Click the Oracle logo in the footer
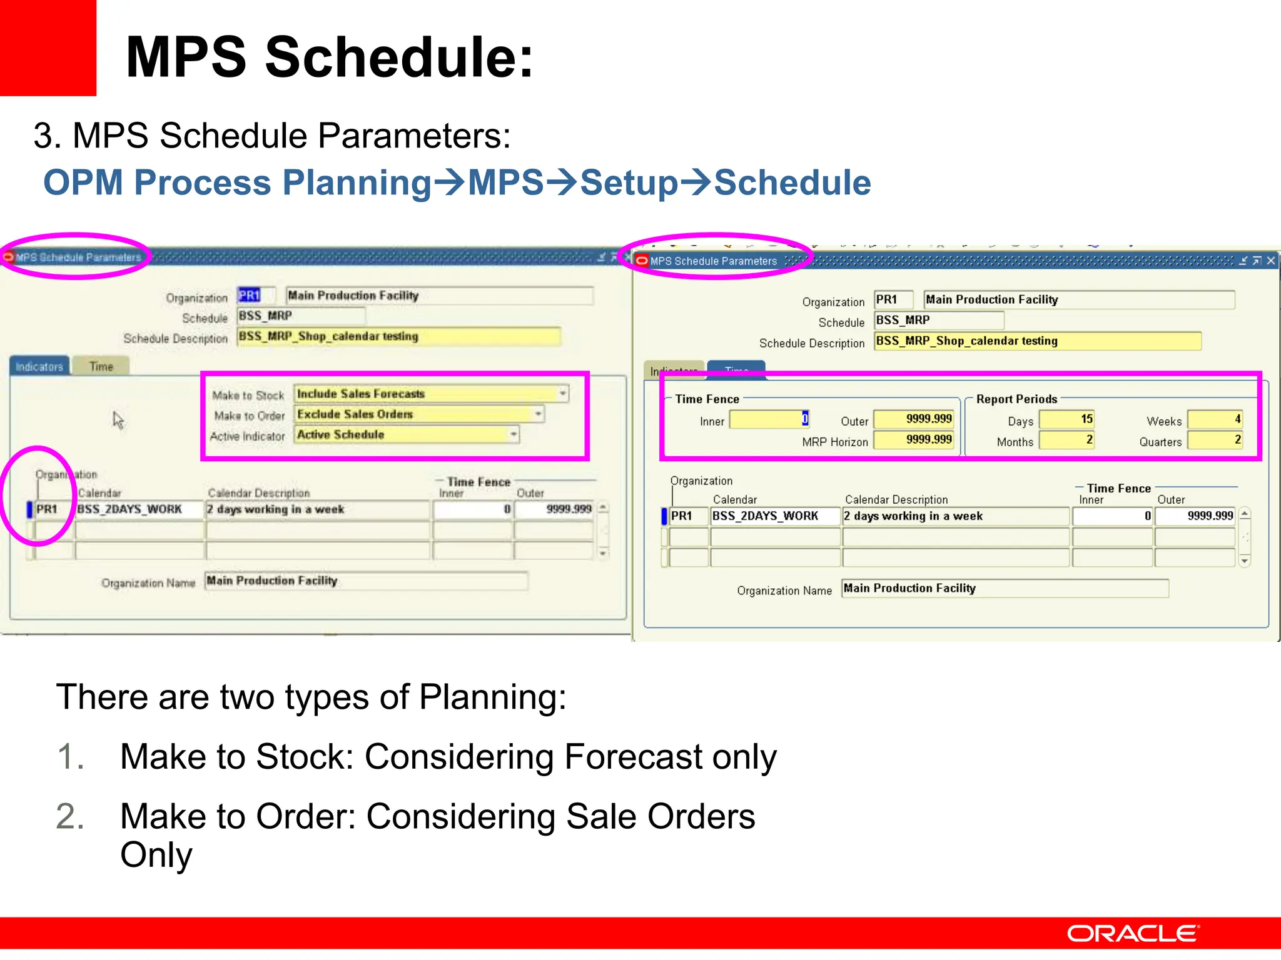click(x=1132, y=933)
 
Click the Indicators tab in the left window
click(x=39, y=367)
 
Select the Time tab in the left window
click(x=101, y=367)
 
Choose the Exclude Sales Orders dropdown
click(x=418, y=414)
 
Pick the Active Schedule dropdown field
click(x=407, y=435)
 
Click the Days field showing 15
click(x=1066, y=419)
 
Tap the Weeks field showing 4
click(x=1215, y=419)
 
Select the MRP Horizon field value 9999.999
click(x=913, y=440)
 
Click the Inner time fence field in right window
click(x=769, y=419)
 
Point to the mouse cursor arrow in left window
click(x=118, y=419)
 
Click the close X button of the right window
click(x=1271, y=261)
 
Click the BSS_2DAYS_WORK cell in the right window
click(x=774, y=516)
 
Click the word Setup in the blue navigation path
click(x=629, y=183)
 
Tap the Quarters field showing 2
click(x=1215, y=440)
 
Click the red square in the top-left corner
click(x=48, y=47)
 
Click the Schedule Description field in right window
click(x=1037, y=341)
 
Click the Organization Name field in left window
click(x=366, y=581)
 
